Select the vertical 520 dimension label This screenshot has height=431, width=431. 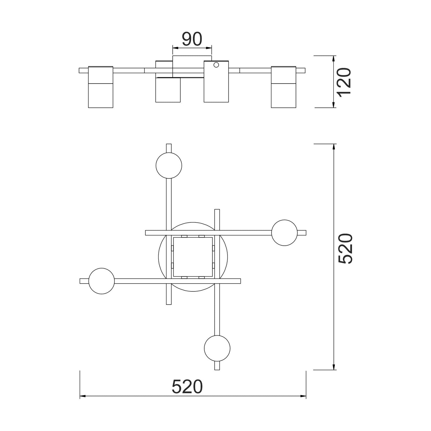pyautogui.click(x=345, y=249)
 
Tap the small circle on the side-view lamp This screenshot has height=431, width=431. pyautogui.click(x=216, y=64)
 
